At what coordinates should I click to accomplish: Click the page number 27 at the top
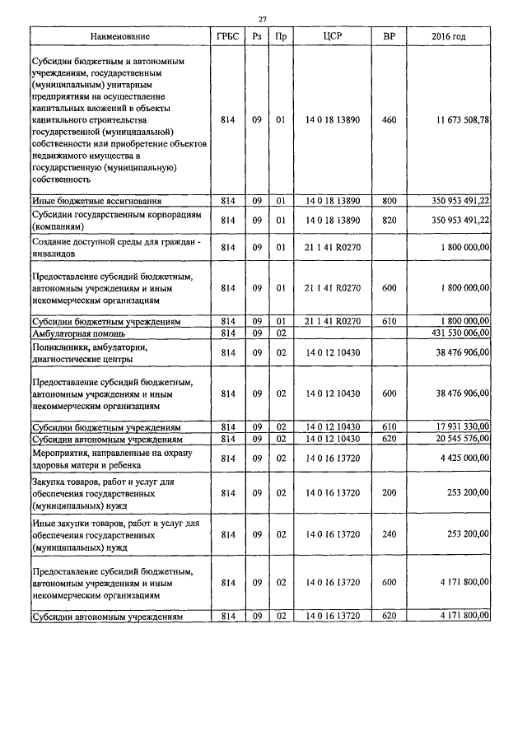coord(263,19)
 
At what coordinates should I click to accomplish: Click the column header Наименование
coord(121,37)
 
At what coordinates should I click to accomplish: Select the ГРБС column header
coord(228,37)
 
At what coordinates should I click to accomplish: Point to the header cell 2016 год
coord(449,37)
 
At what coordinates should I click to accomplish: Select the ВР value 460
coord(389,120)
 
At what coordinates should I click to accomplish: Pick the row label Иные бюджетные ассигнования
coord(96,200)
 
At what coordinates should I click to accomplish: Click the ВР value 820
coord(389,220)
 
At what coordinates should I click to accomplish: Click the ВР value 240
coord(389,534)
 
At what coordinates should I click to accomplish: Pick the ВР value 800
coord(389,200)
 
